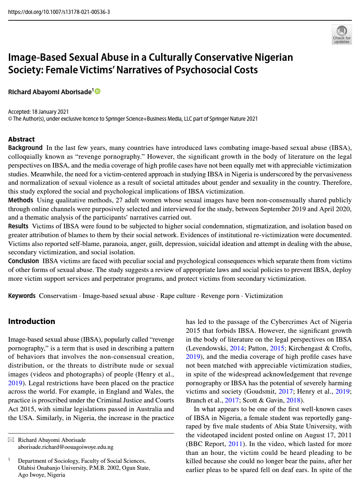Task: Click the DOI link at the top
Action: [x=59, y=12]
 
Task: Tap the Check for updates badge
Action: [x=341, y=34]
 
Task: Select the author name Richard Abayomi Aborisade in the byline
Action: [x=50, y=92]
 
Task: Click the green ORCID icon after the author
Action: [x=98, y=91]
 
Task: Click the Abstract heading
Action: [x=21, y=139]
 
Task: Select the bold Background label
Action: [x=25, y=148]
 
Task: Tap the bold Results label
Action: [x=19, y=226]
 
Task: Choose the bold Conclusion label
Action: [x=24, y=261]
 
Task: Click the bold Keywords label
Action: [x=22, y=296]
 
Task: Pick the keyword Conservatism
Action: [x=58, y=296]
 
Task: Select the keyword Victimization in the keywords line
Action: [x=263, y=296]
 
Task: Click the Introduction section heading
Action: [x=32, y=321]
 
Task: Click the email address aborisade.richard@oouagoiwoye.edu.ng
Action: [x=65, y=447]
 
